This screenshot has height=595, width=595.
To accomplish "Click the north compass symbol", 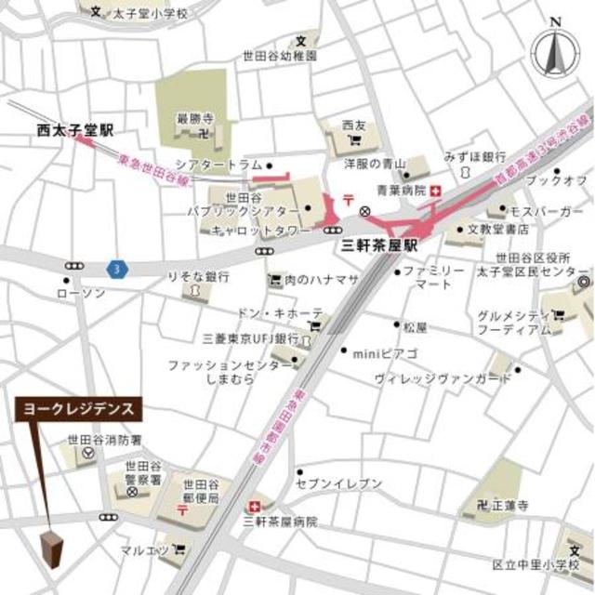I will click(556, 51).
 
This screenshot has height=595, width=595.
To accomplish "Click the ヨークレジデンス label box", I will click(78, 408).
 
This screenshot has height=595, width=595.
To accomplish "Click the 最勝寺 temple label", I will click(189, 118).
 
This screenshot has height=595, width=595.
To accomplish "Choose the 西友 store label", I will click(353, 125).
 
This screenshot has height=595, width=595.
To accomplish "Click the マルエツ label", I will click(144, 551).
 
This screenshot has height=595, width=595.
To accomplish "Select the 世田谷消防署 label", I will click(104, 440).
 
